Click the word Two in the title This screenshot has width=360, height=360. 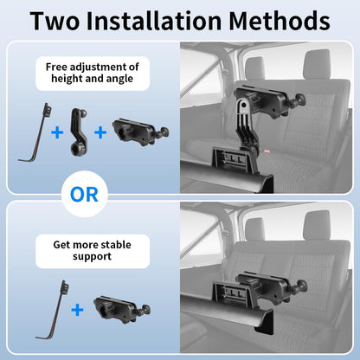pos(55,21)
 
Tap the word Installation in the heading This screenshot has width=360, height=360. pos(154,21)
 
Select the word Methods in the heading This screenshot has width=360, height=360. pos(280,21)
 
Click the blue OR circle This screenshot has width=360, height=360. pos(85,194)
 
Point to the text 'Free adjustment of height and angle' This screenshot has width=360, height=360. pos(93,73)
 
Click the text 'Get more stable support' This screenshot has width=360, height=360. pos(93,250)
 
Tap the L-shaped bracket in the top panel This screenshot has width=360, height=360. pos(35,132)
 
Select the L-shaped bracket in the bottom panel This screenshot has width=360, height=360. pos(53,311)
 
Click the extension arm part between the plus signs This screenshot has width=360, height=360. pos(79,132)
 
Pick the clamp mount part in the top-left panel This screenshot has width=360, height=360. pos(140,132)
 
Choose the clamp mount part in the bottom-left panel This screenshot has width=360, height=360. pos(122,310)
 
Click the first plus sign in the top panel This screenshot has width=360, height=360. pos(57,132)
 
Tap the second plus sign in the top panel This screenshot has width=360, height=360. pos(100,132)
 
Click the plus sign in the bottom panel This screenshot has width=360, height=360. pos(77,310)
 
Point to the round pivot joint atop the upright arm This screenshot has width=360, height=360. pos(244,105)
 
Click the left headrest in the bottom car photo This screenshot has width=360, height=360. pos(254,229)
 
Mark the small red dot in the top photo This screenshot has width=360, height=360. pos(267,151)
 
